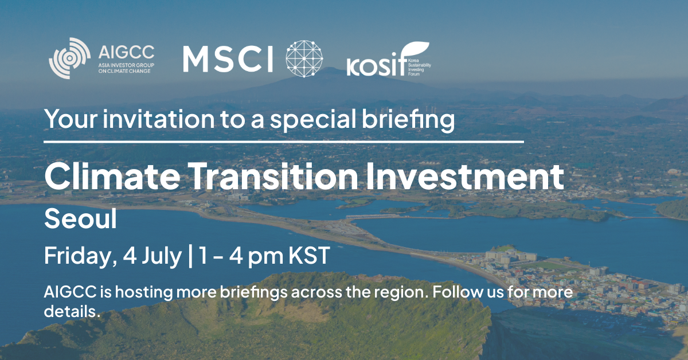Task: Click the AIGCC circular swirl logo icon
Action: tap(70, 58)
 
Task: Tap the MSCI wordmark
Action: tap(228, 59)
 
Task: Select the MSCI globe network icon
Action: tap(304, 58)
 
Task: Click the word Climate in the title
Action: tap(112, 176)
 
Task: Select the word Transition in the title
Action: tap(273, 176)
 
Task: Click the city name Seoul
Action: tap(80, 218)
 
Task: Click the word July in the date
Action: tap(162, 256)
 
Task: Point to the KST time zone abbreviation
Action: tap(309, 255)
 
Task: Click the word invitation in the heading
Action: tap(158, 119)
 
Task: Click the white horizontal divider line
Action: tap(284, 142)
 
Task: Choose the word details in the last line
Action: tap(72, 311)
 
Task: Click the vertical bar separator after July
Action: tap(190, 256)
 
